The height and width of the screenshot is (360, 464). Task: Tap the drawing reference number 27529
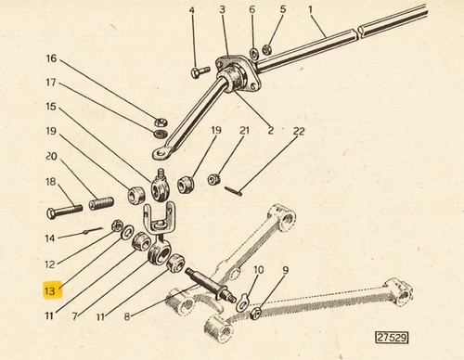(392, 338)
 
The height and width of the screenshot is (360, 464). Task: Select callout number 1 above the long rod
(310, 10)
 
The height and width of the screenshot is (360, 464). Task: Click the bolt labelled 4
(200, 72)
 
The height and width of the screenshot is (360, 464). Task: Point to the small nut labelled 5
(266, 48)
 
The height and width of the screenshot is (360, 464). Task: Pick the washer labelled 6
(254, 54)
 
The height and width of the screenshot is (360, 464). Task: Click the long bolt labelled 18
(65, 211)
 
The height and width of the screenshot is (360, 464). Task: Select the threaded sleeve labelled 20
(101, 203)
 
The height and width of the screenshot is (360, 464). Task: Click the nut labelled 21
(213, 178)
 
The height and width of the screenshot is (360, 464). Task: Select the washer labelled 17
(161, 134)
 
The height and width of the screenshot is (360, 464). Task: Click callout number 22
(299, 132)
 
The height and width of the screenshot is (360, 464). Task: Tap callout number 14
(50, 238)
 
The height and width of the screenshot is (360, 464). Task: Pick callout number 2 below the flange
(271, 131)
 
